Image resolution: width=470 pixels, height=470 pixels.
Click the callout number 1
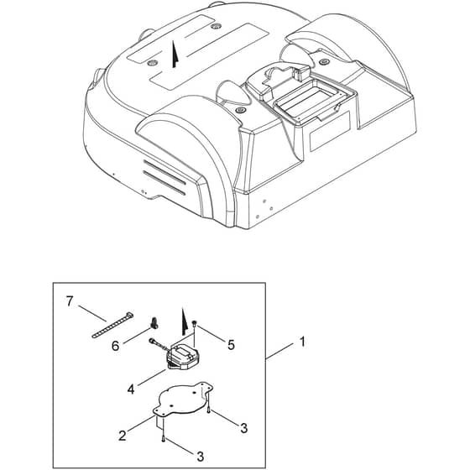click(x=303, y=342)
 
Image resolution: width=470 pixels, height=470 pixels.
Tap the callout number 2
click(x=123, y=436)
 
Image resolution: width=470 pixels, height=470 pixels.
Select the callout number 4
click(x=131, y=389)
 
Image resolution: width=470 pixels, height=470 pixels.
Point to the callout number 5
click(x=231, y=345)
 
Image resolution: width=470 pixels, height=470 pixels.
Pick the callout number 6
click(x=116, y=346)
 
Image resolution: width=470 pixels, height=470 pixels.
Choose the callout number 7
click(x=70, y=301)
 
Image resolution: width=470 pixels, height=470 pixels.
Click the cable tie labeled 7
click(x=112, y=326)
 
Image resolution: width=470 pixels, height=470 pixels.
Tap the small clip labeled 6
click(x=154, y=323)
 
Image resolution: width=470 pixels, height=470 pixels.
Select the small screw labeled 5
click(x=195, y=323)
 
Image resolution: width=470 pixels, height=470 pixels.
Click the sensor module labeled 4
click(x=182, y=357)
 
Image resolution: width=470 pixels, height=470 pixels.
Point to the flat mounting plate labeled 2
click(x=183, y=399)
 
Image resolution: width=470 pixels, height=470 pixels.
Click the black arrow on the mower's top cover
click(x=175, y=55)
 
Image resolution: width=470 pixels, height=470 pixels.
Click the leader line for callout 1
click(x=279, y=351)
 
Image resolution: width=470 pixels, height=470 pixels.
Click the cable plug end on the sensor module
click(x=151, y=340)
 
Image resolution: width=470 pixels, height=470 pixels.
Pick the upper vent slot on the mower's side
click(x=164, y=172)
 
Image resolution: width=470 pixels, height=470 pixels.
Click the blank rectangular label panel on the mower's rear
click(x=330, y=131)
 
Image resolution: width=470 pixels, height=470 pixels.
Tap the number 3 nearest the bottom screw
click(x=200, y=457)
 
